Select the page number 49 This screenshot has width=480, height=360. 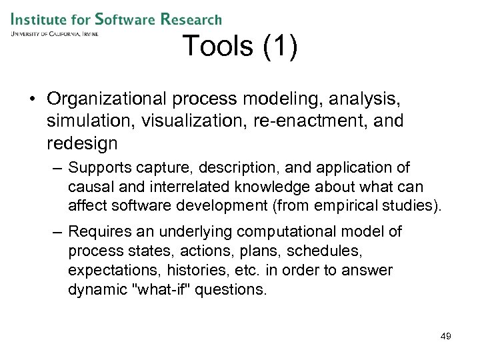point(445,336)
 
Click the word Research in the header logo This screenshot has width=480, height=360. point(191,20)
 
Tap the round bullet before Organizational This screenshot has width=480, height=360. point(32,99)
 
